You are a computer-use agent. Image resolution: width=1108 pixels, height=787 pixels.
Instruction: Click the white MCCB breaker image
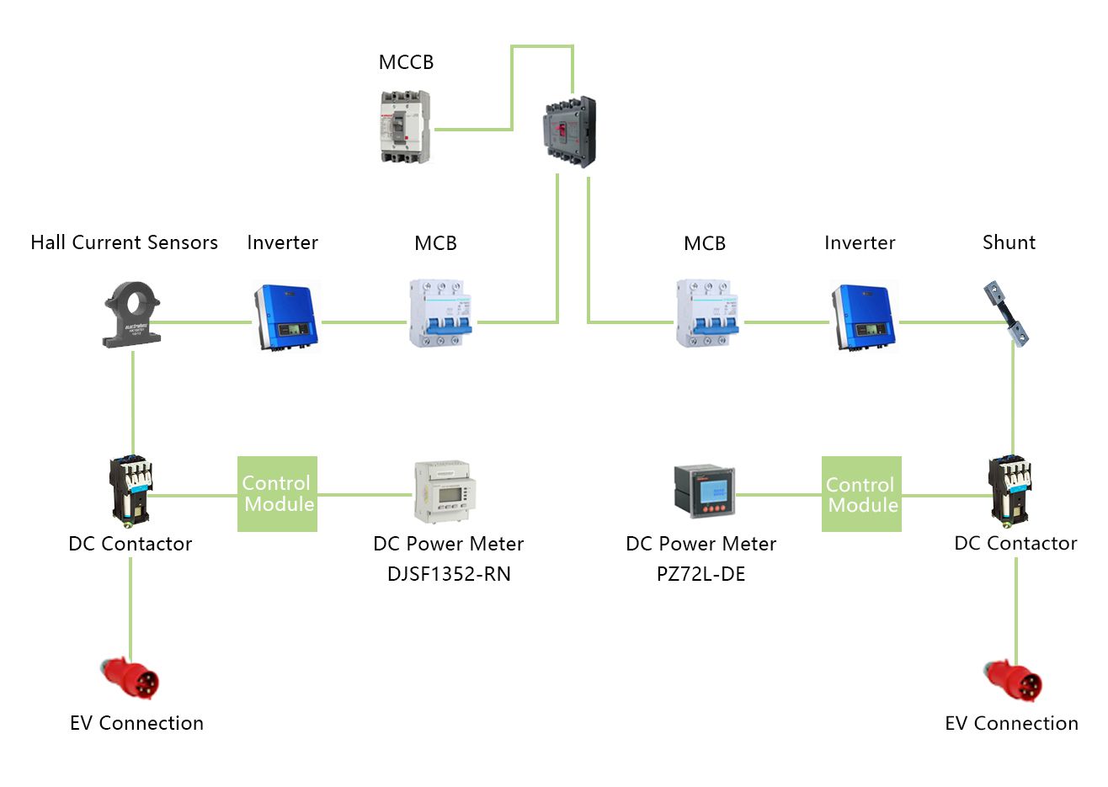(x=403, y=127)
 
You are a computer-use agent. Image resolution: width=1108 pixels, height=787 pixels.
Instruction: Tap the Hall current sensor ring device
(x=131, y=315)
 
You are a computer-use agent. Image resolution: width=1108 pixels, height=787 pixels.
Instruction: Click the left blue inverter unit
(x=285, y=317)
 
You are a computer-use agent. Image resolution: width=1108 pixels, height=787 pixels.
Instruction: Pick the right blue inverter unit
(x=863, y=317)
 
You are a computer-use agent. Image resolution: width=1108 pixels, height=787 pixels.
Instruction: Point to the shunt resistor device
(x=1009, y=313)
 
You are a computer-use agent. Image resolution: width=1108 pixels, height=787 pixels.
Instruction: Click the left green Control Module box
(x=277, y=494)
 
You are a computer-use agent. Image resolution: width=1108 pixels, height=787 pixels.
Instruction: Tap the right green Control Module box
(x=861, y=494)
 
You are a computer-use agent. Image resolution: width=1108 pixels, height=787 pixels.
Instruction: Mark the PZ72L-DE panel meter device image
(x=704, y=491)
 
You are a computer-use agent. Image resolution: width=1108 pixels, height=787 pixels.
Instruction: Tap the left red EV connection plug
(x=131, y=678)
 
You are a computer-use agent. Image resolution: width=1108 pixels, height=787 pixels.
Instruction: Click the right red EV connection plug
(x=1015, y=680)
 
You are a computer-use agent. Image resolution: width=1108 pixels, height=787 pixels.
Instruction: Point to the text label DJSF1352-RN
(x=449, y=574)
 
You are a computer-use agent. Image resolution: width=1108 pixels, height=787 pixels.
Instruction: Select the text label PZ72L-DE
(x=700, y=574)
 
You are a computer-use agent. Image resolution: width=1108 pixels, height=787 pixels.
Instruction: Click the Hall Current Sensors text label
(x=124, y=242)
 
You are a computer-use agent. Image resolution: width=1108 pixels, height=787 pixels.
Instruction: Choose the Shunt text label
(x=1009, y=242)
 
